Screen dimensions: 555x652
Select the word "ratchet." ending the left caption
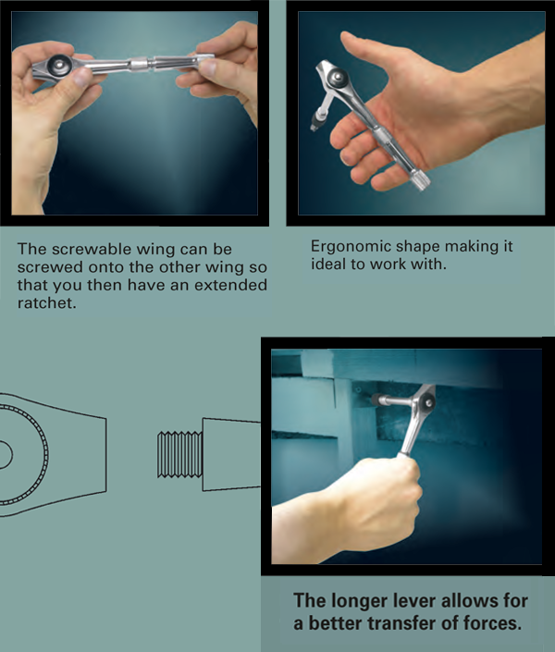[47, 303]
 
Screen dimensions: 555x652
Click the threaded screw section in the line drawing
[179, 454]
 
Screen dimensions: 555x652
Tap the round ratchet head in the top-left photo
[58, 66]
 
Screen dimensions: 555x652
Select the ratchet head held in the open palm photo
[336, 77]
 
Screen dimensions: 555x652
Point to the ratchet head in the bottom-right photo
[426, 401]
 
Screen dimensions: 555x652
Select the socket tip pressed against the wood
[376, 400]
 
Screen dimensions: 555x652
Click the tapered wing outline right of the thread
[231, 454]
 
